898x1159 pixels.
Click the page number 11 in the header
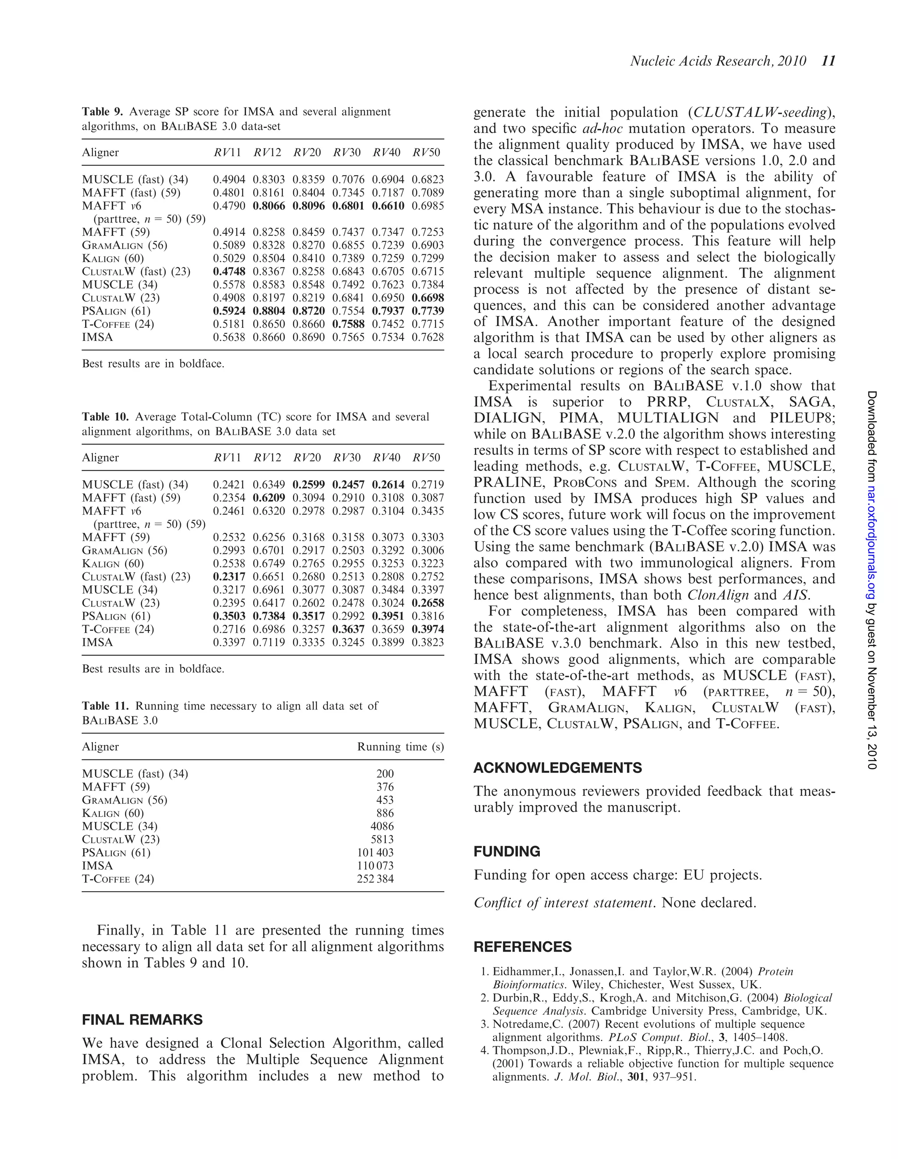[828, 61]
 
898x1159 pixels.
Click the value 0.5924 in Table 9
[229, 311]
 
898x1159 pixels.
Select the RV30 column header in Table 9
[347, 153]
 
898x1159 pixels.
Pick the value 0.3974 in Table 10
[428, 629]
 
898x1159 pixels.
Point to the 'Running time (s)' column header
[400, 747]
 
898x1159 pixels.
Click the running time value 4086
[382, 826]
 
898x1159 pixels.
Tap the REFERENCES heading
[522, 947]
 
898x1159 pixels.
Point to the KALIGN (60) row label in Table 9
[113, 259]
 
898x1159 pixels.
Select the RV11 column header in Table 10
[227, 458]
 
